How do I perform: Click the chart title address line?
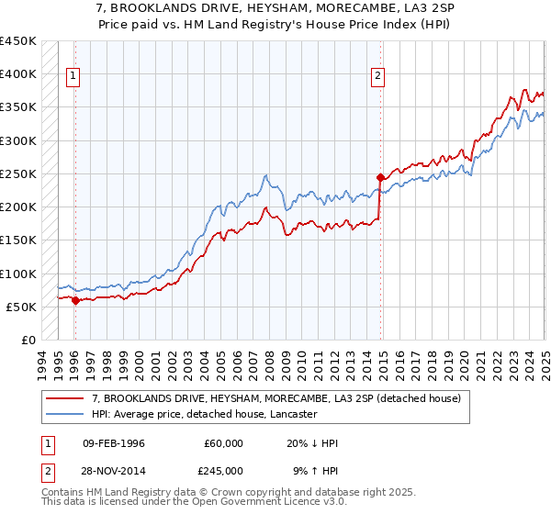click(275, 8)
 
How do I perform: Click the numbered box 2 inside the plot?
click(377, 77)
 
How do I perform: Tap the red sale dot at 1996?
click(75, 300)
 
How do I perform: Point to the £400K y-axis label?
click(17, 74)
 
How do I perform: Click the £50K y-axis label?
click(20, 307)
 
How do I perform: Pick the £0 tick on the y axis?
click(28, 340)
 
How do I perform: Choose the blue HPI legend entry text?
click(204, 415)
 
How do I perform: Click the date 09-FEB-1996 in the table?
click(113, 443)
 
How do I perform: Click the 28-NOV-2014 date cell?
click(113, 471)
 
